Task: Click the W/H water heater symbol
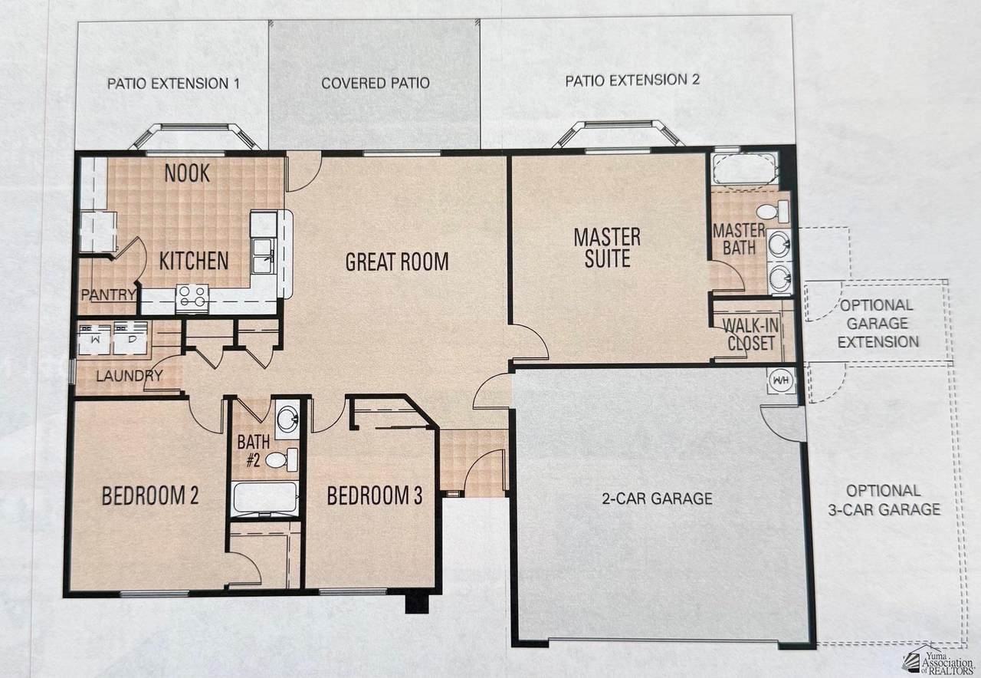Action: pos(781,380)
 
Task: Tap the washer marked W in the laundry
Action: pos(94,337)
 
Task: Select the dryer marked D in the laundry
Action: pos(130,337)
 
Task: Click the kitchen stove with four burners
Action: pos(192,298)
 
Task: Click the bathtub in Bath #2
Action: pos(265,499)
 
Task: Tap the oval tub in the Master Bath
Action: pos(745,170)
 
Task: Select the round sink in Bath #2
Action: pos(287,416)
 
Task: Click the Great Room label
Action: pos(397,262)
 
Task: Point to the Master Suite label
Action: pos(607,247)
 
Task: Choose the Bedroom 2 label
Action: pos(150,495)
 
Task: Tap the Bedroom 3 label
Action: pos(375,495)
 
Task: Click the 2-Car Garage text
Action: pos(657,499)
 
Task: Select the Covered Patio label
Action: pos(376,84)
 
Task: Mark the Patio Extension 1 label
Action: pos(173,84)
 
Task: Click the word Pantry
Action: pos(109,295)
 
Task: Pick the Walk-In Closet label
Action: pos(750,334)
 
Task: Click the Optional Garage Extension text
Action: pos(878,324)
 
